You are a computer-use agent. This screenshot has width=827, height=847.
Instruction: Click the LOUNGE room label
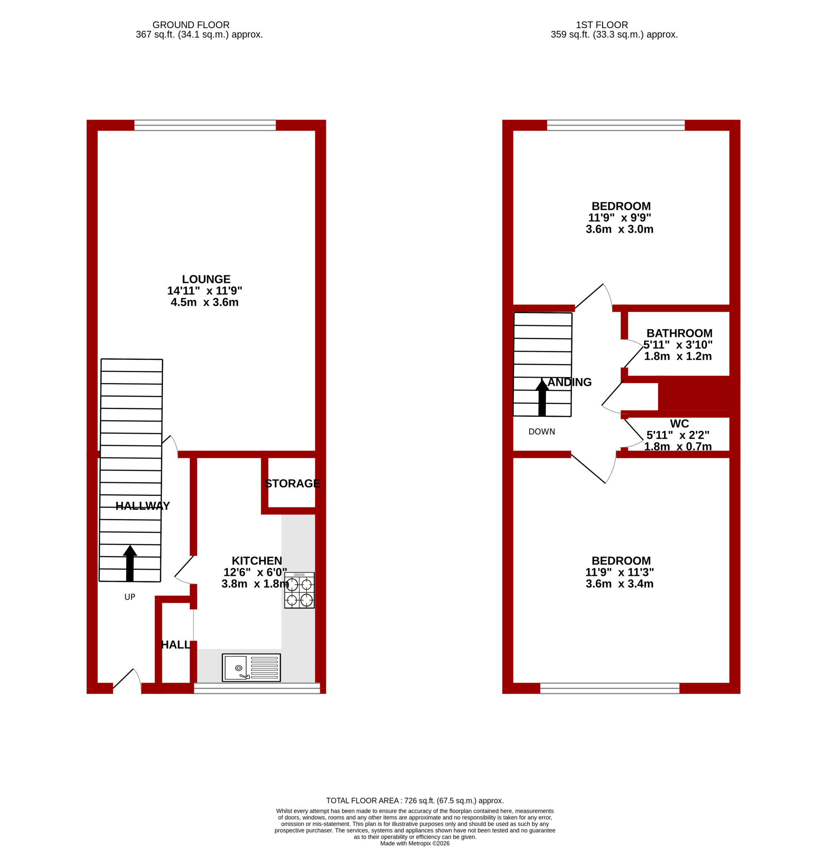206,279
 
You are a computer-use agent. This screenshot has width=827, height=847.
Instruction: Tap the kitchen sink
251,668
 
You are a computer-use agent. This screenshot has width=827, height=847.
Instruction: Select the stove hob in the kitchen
299,590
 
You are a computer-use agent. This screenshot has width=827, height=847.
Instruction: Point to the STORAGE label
292,483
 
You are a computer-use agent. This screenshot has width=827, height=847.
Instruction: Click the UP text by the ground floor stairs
130,597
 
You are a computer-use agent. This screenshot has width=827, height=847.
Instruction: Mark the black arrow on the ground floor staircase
130,563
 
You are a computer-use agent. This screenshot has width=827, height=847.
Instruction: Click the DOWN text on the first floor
542,432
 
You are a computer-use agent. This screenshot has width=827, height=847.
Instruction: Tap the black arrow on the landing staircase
542,397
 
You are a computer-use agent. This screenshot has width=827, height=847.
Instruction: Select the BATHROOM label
679,334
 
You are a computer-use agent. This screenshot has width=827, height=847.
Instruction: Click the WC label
679,424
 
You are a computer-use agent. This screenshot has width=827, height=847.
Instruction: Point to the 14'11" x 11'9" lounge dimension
205,291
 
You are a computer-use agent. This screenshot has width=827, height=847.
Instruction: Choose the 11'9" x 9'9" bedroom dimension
619,218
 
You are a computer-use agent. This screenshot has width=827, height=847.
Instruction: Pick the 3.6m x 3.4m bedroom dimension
619,584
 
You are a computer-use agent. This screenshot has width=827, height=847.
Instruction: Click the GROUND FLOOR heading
191,25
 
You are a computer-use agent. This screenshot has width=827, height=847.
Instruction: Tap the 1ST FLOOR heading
602,25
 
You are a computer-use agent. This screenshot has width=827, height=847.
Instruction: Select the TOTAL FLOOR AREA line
415,801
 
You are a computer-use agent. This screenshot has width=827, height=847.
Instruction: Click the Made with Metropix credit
415,843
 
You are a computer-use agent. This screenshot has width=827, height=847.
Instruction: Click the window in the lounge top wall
205,125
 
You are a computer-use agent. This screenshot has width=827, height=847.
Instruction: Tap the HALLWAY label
143,506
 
